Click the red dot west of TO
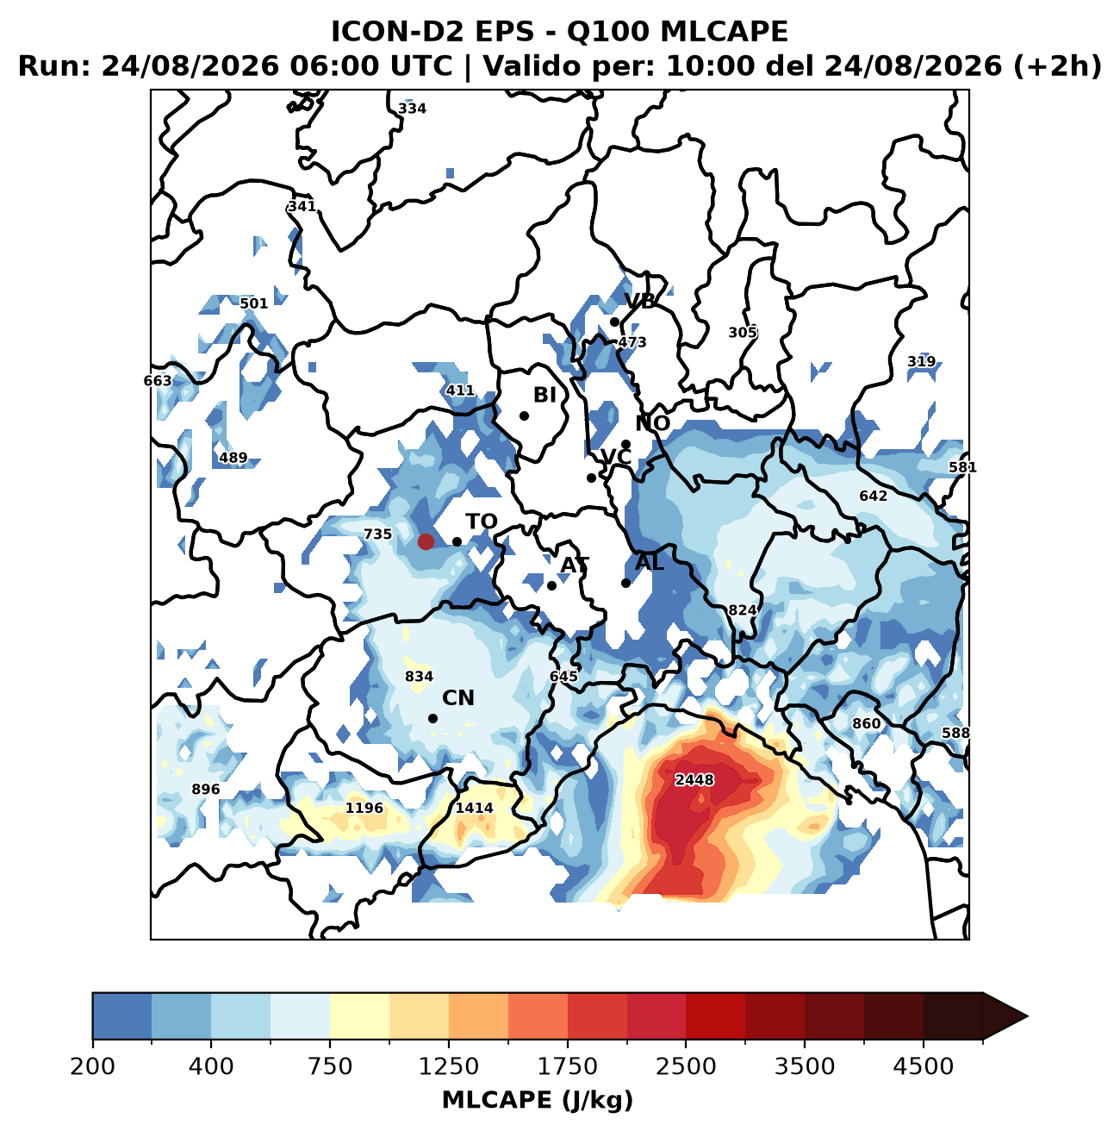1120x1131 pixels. [x=426, y=541]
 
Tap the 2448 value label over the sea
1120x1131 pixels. [x=694, y=779]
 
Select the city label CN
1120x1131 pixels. [x=457, y=698]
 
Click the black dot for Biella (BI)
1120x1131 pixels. [x=524, y=416]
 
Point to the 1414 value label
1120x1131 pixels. [x=474, y=808]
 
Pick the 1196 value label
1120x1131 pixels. [x=364, y=808]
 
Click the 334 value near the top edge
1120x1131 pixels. [x=412, y=108]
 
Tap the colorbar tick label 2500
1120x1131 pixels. [x=686, y=1066]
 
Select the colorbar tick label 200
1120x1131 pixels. [x=93, y=1066]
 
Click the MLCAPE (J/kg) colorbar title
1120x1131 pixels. [x=538, y=1099]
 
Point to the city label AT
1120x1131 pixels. [x=575, y=565]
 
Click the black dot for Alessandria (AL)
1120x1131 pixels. [x=625, y=583]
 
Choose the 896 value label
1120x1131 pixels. [x=205, y=789]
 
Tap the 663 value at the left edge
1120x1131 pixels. [x=158, y=380]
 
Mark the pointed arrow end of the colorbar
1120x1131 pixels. [x=1028, y=1016]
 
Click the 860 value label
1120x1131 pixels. [x=866, y=723]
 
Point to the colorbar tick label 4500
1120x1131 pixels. [x=924, y=1066]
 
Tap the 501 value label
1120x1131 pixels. [x=253, y=303]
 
